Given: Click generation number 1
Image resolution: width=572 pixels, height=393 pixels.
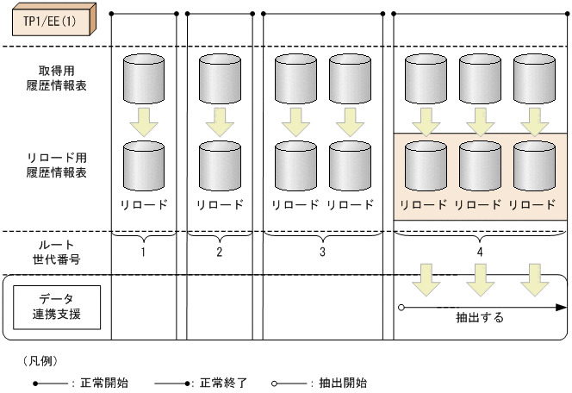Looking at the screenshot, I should click(144, 253).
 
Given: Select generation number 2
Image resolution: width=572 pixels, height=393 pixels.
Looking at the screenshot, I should click(219, 253).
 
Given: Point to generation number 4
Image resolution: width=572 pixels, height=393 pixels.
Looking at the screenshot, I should click(480, 253).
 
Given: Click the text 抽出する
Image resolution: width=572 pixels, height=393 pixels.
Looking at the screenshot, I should click(480, 317).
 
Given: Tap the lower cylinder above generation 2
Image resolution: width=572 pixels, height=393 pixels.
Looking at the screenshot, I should click(220, 166).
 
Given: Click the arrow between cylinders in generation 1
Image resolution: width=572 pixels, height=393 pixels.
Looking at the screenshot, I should click(145, 122).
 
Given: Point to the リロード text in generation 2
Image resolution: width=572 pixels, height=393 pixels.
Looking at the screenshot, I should click(220, 205).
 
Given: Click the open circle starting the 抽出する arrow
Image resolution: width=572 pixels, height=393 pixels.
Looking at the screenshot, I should click(401, 306).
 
